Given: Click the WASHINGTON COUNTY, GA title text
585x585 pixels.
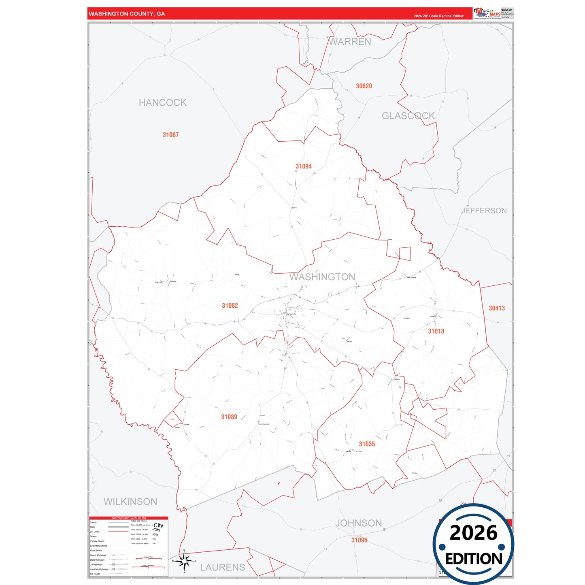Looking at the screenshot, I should click(127, 14).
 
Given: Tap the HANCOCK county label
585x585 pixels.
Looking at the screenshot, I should click(162, 103).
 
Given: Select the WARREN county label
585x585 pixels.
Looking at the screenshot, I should click(350, 42).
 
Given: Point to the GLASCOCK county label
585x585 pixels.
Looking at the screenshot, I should click(408, 116).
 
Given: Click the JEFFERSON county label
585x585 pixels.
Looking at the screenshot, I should click(484, 211).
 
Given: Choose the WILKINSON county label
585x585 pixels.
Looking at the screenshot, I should click(130, 502).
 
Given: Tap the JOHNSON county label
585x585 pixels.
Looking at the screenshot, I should click(358, 523).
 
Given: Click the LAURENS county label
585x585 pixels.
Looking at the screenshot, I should click(223, 567).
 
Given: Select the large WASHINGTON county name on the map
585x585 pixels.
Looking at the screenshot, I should click(322, 277).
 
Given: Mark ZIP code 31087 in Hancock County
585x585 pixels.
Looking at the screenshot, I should click(170, 135).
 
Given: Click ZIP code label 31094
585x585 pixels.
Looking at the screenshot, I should click(304, 166).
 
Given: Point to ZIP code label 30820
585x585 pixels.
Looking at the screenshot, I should click(364, 86).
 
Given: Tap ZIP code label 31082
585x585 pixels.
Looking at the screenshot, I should click(230, 306).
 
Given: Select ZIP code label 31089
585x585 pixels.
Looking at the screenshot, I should click(229, 417).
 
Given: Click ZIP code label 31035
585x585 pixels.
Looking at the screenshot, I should click(367, 444).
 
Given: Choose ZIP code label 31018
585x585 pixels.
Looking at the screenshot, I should click(436, 331).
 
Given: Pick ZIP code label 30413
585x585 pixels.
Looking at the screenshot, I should click(497, 308).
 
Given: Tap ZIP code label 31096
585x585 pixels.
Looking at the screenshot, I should click(359, 540).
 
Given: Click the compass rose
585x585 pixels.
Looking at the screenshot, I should click(184, 561).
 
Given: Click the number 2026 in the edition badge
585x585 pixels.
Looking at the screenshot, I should click(473, 533).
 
